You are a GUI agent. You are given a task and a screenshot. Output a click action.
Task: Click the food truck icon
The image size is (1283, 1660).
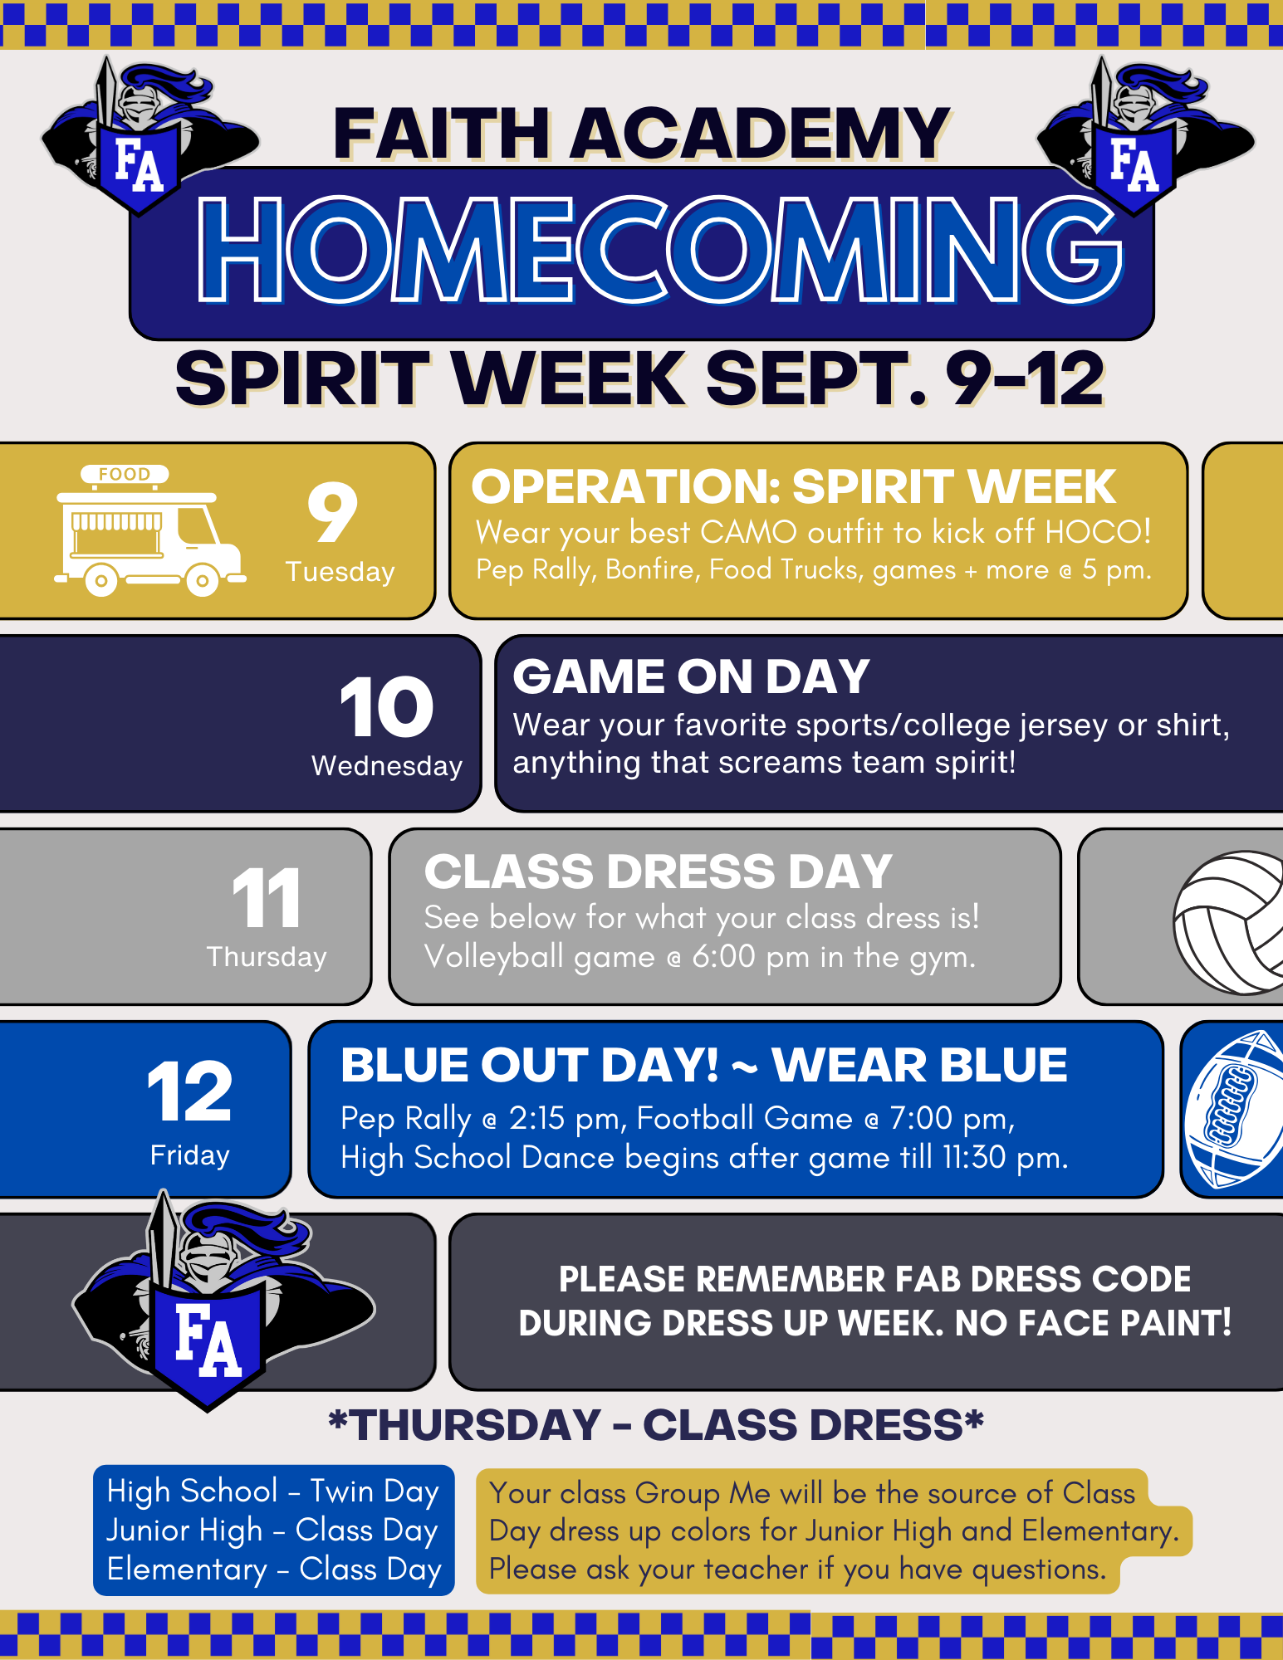[149, 530]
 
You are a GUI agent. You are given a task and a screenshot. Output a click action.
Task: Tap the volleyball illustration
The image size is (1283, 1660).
[1229, 922]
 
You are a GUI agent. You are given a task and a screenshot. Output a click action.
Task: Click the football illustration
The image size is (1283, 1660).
[1234, 1109]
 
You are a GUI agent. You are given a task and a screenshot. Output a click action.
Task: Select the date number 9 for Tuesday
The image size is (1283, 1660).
[332, 512]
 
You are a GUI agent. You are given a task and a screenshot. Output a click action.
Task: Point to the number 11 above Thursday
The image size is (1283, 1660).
[267, 898]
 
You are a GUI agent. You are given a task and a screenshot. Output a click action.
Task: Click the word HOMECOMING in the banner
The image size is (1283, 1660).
[659, 249]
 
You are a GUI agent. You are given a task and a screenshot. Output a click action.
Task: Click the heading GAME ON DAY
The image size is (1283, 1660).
[691, 676]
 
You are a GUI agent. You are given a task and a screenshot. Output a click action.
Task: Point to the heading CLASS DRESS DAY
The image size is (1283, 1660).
[658, 871]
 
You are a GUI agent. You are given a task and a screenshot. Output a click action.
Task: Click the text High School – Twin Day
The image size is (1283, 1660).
[273, 1492]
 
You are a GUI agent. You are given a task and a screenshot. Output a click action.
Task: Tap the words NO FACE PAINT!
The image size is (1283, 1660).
[1094, 1323]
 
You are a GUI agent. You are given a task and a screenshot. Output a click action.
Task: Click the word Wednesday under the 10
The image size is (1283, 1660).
[387, 765]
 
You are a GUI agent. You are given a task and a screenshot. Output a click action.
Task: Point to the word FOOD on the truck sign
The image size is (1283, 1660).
[125, 474]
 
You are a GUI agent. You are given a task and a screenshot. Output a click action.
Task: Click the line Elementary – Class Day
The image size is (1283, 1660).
[274, 1570]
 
